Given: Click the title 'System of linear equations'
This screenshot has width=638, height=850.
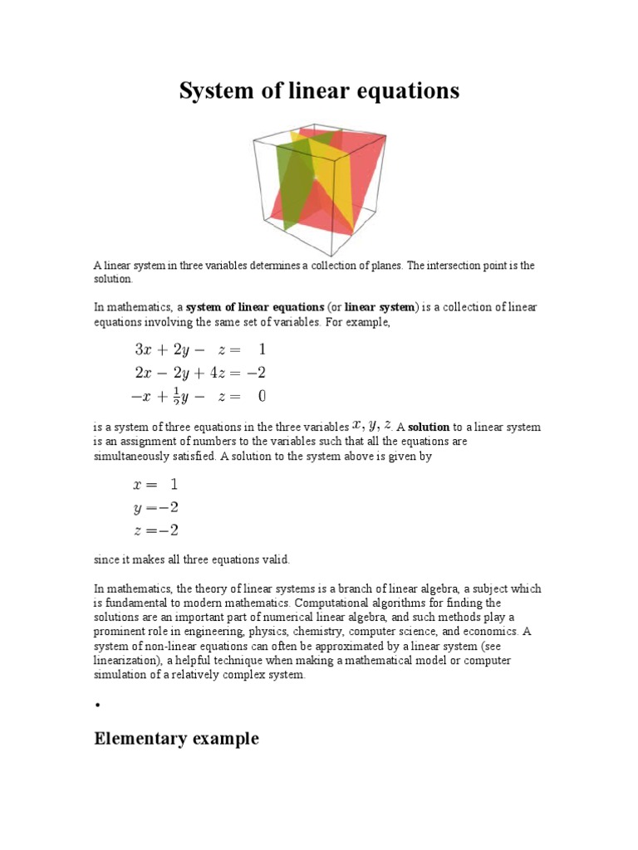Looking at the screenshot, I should [x=319, y=90].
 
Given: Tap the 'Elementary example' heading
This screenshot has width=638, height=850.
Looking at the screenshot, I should [x=176, y=738].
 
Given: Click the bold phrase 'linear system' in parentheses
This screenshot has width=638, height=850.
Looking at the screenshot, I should [x=379, y=308].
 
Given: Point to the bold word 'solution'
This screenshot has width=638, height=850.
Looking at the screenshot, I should [x=426, y=427].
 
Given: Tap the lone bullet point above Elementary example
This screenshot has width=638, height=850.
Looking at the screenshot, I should [x=97, y=705].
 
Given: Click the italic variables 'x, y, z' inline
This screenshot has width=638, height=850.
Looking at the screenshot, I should [x=372, y=425].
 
